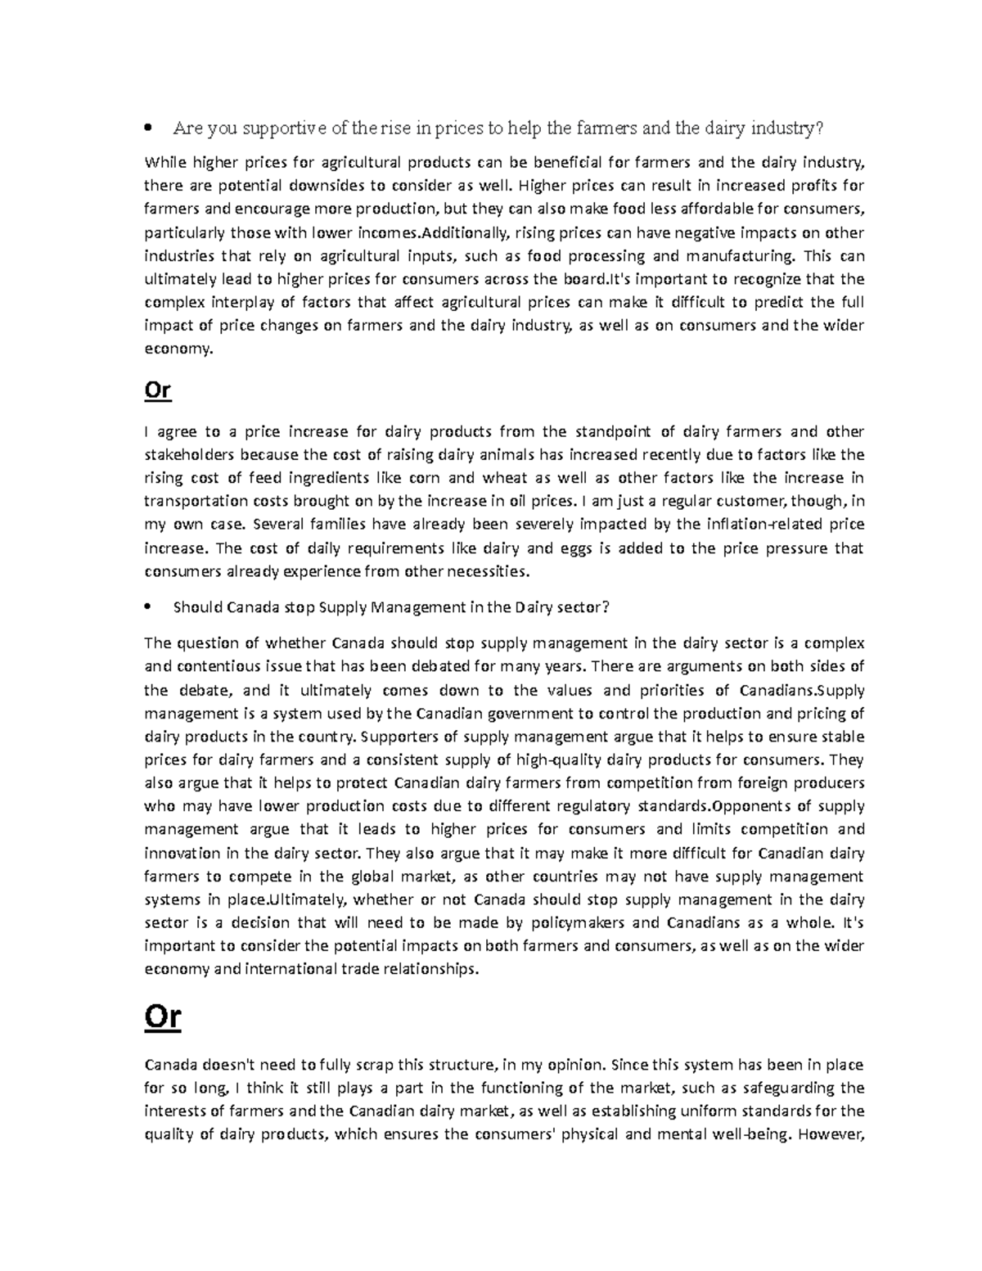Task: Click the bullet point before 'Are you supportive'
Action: [x=147, y=128]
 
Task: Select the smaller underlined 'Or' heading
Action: [x=157, y=390]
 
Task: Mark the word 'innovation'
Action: [x=182, y=854]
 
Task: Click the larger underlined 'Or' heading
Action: [x=162, y=1017]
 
